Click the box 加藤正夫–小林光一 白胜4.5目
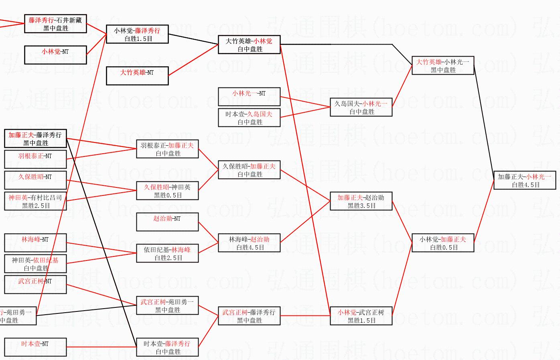[524, 181]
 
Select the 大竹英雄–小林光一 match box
[443, 65]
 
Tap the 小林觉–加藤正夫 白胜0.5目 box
[443, 243]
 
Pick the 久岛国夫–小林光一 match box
[361, 108]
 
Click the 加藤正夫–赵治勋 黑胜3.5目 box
[361, 201]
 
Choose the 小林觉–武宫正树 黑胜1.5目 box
[361, 316]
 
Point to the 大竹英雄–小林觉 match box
[249, 45]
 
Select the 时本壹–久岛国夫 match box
[249, 118]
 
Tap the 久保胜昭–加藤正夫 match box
[249, 170]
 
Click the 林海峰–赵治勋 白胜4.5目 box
[249, 243]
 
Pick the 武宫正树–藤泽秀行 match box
[249, 316]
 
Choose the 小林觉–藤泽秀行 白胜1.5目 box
[137, 34]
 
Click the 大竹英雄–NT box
[137, 76]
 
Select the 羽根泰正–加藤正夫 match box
[167, 149]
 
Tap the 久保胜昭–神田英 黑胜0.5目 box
[167, 191]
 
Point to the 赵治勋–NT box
[167, 222]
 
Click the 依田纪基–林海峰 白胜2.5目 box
[167, 253]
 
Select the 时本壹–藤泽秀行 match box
[167, 347]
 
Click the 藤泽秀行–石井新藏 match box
[55, 24]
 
